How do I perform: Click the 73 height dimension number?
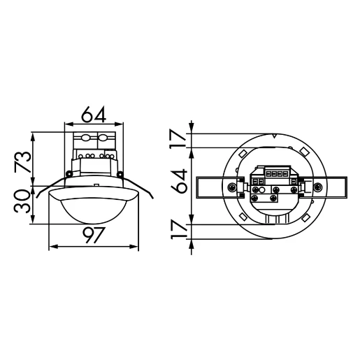pos(24,161)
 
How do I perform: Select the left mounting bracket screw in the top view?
pos(231,187)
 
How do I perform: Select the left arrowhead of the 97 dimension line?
pos(51,247)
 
